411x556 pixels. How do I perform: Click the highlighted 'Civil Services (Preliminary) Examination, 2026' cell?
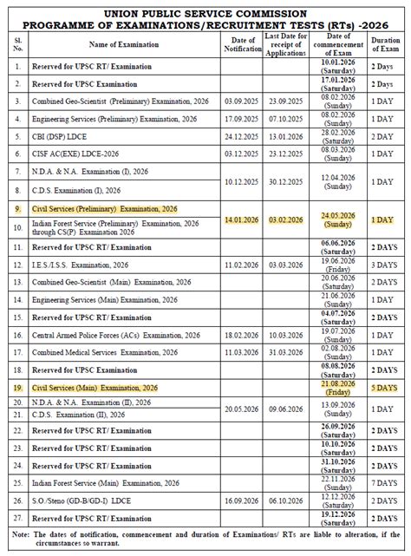(x=104, y=208)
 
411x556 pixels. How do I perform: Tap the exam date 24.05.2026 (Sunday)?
(x=336, y=220)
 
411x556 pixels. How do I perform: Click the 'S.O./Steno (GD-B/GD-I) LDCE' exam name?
(x=85, y=500)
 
